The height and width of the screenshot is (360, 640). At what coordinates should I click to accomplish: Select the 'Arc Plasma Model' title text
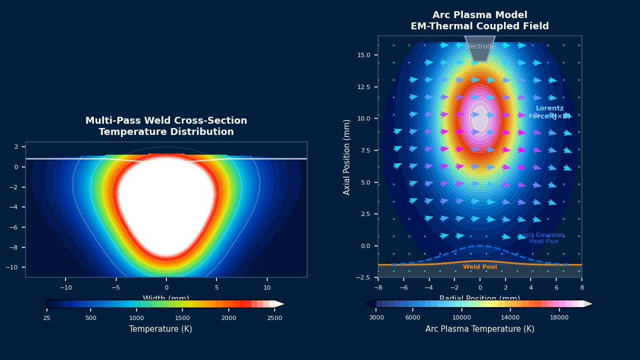click(x=479, y=15)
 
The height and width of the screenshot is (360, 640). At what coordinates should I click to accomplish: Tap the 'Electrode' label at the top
click(x=479, y=47)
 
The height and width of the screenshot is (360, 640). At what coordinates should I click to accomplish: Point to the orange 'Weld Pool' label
click(x=479, y=267)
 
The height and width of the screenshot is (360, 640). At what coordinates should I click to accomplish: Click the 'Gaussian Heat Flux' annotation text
click(x=543, y=238)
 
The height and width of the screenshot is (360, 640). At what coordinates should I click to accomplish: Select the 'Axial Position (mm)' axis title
click(x=347, y=157)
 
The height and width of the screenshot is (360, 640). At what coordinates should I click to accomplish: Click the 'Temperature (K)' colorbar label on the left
click(x=161, y=329)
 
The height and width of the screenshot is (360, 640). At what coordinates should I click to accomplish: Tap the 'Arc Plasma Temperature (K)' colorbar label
click(x=479, y=329)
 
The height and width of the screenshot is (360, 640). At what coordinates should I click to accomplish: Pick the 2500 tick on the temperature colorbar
click(x=275, y=318)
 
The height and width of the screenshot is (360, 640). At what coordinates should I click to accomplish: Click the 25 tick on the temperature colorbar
click(x=47, y=318)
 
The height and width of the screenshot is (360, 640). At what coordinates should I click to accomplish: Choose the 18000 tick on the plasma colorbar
click(x=559, y=318)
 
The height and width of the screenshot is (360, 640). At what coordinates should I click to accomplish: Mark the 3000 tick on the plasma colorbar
click(x=377, y=318)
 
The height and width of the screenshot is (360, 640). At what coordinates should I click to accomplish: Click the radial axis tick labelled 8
click(x=581, y=287)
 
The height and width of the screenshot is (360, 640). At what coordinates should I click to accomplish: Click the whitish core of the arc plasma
click(x=479, y=118)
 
